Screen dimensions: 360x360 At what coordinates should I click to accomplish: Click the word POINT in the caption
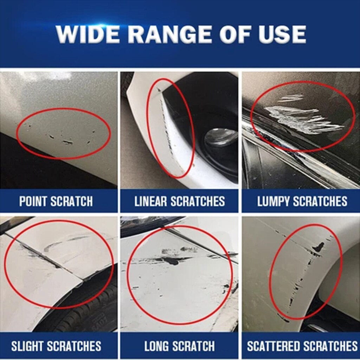tap(33, 201)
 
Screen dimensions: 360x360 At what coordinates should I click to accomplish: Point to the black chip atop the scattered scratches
tap(319, 247)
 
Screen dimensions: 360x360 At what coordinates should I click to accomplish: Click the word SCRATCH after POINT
tap(72, 201)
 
